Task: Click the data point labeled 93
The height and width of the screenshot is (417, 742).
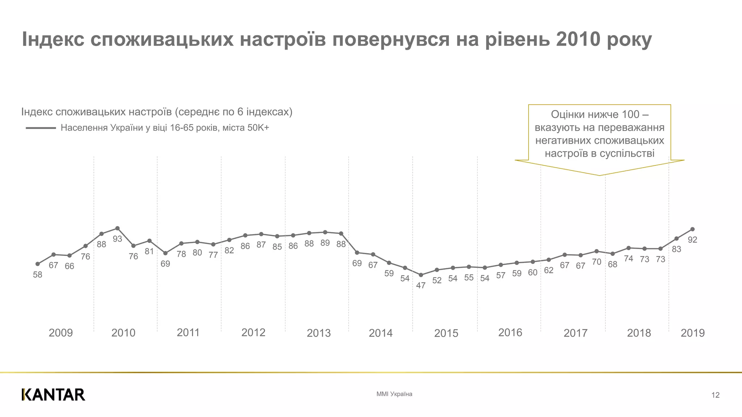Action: pos(117,228)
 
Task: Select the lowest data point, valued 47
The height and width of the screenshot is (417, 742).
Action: pos(421,275)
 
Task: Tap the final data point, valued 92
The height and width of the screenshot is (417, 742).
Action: pos(692,229)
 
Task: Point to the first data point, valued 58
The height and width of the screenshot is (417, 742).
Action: pos(38,264)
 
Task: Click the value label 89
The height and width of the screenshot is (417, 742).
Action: pos(325,243)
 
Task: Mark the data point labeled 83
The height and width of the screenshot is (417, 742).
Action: pos(676,239)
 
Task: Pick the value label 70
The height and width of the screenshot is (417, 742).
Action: pos(597,262)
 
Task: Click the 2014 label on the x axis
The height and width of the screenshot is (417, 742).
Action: pos(380,333)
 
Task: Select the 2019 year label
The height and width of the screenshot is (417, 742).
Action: pos(692,333)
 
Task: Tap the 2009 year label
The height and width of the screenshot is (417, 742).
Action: pos(61,333)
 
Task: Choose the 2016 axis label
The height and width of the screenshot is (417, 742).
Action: pos(510,332)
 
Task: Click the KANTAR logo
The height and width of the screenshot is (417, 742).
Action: pos(53,395)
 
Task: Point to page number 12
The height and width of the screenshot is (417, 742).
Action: pos(715,395)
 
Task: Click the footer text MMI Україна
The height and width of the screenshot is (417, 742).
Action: pos(394,394)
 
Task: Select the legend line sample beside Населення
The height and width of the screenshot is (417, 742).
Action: pos(41,128)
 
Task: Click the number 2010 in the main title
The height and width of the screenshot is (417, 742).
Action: pos(578,39)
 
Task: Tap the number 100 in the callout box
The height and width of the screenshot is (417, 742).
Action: pos(630,114)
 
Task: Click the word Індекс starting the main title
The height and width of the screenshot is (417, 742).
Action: pos(53,39)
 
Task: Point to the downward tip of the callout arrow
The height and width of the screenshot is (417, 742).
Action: pos(600,175)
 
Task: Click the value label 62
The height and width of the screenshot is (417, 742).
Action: pos(549,270)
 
